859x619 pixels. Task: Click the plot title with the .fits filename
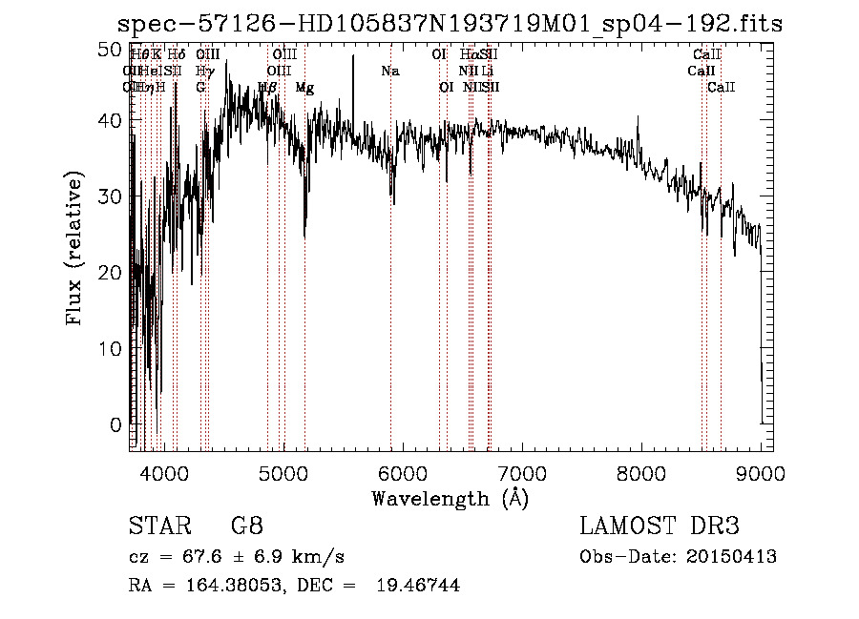[x=449, y=24]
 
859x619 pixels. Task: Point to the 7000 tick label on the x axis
[x=521, y=472]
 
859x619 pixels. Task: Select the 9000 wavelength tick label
[x=761, y=472]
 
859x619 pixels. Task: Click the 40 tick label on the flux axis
[x=112, y=121]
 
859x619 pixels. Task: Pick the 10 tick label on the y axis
[x=112, y=349]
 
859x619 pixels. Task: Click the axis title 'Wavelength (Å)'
[x=450, y=498]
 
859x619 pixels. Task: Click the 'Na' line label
[x=389, y=72]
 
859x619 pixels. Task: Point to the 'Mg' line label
[x=304, y=88]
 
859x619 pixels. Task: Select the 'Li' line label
[x=487, y=72]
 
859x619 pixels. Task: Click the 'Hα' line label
[x=468, y=55]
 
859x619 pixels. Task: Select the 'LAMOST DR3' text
[x=660, y=526]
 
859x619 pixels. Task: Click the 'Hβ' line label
[x=267, y=88]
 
